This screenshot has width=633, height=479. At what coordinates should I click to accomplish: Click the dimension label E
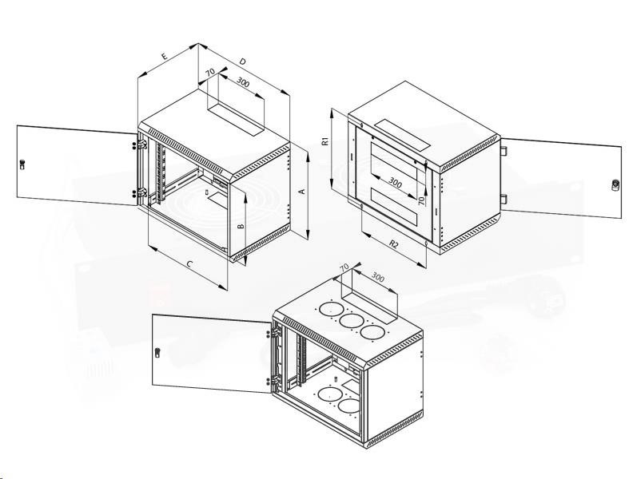pos(164,56)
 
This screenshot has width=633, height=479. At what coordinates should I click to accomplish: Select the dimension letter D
pos(242,61)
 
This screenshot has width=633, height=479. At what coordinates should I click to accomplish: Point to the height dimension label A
pos(301,192)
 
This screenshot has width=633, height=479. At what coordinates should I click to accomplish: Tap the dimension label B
pos(241,227)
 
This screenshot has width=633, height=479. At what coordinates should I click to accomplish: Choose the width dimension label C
pos(189,264)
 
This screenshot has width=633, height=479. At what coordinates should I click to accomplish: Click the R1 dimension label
pos(326,141)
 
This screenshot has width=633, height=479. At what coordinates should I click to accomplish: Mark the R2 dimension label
pos(394,243)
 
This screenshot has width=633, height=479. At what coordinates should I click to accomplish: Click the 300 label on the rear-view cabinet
pos(395,183)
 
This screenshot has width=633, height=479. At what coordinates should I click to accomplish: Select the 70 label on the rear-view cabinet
pos(421,200)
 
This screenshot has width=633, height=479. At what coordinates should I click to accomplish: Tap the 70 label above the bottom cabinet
pos(344,267)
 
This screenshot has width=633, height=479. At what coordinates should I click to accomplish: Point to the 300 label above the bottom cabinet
pos(377,277)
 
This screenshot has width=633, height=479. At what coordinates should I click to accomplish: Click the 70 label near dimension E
pos(210,73)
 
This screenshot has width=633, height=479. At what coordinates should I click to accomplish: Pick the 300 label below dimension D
pos(243,82)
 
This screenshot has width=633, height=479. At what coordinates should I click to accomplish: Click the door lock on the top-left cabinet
pos(22,164)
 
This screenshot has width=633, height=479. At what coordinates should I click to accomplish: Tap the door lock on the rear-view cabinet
pos(615,185)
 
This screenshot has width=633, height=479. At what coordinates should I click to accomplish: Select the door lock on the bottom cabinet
pos(157,352)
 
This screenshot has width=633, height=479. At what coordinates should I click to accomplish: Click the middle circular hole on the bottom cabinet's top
pos(351,322)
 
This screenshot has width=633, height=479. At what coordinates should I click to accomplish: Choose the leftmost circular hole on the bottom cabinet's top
pos(332,310)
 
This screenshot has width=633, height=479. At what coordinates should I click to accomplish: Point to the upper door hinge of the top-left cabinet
pos(142,144)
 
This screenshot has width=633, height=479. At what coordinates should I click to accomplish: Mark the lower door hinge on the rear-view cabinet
pos(504,199)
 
